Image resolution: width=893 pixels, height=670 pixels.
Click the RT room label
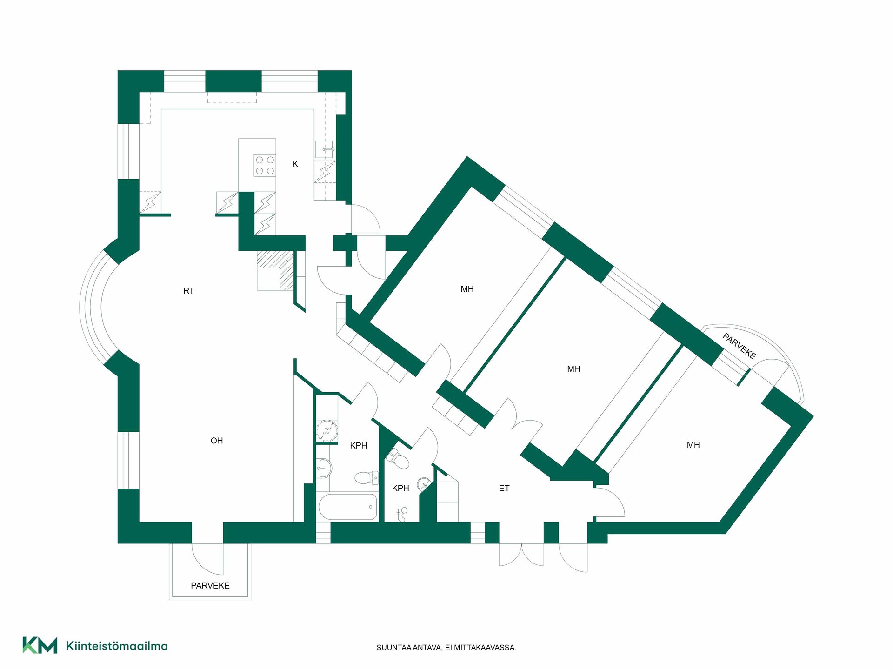188,291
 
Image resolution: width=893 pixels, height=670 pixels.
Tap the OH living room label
217,441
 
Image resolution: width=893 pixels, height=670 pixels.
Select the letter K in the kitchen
295,164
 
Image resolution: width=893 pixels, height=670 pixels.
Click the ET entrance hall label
504,488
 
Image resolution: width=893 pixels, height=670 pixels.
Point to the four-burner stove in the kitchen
265,165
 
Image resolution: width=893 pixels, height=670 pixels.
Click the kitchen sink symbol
325,149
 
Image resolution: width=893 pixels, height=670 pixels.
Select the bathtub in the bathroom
348,507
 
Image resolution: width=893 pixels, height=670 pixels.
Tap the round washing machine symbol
326,430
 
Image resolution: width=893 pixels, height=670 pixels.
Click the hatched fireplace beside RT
276,271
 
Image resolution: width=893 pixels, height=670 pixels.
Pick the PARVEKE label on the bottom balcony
210,585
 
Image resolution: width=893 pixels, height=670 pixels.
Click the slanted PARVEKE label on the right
740,346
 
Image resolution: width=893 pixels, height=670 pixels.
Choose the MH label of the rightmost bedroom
693,445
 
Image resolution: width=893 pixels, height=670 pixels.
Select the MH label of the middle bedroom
573,369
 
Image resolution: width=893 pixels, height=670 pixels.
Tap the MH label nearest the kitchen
467,289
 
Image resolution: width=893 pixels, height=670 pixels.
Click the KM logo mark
40,645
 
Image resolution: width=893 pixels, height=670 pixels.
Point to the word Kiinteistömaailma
117,646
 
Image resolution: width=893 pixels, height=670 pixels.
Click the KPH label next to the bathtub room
358,446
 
